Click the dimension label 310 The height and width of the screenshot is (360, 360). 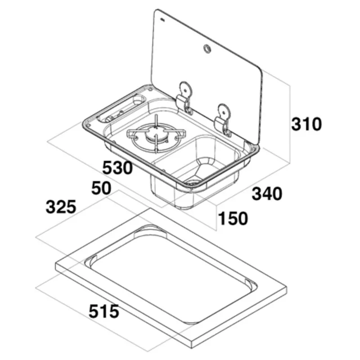[306, 124]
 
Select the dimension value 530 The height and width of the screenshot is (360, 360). [117, 168]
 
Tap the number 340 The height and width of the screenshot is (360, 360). [267, 193]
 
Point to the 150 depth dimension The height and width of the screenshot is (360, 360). [233, 218]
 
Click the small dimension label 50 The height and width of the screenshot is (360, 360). [101, 188]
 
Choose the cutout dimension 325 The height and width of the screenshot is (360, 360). [61, 207]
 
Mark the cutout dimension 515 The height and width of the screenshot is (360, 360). [104, 311]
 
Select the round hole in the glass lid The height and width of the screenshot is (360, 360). [207, 49]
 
